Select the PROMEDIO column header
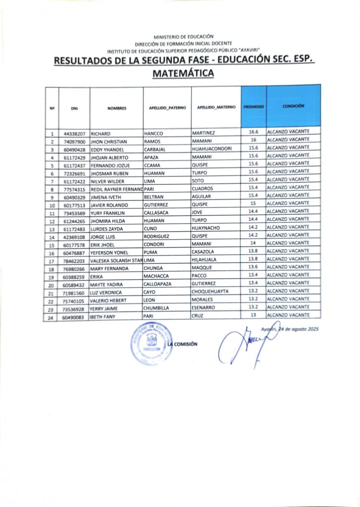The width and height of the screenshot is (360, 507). pyautogui.click(x=254, y=106)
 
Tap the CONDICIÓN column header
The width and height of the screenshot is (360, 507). pyautogui.click(x=293, y=106)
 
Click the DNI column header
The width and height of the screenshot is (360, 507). pyautogui.click(x=75, y=108)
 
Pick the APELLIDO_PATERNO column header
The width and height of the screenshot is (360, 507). pyautogui.click(x=167, y=107)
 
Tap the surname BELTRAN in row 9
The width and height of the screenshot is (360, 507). pyautogui.click(x=154, y=197)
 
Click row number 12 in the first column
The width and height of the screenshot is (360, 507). pyautogui.click(x=52, y=221)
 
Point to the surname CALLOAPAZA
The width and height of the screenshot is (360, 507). pyautogui.click(x=159, y=284)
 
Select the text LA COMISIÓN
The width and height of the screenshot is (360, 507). pyautogui.click(x=183, y=344)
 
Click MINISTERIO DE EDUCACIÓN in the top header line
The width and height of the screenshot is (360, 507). pyautogui.click(x=184, y=37)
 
